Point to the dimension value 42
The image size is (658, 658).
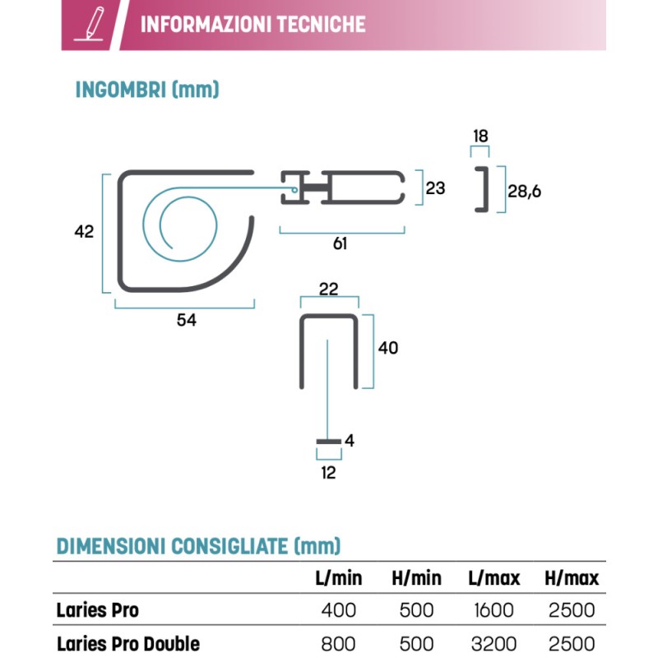click(84, 232)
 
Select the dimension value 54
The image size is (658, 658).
click(187, 321)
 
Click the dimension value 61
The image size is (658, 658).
click(341, 244)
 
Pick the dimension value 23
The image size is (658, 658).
click(435, 188)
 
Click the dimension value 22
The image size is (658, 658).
click(328, 288)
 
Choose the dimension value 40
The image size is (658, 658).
click(387, 348)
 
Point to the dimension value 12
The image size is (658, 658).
click(328, 473)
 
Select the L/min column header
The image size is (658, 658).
click(339, 578)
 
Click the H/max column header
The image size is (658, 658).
click(572, 578)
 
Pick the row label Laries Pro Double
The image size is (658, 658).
click(128, 642)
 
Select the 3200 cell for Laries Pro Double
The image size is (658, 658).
click(493, 642)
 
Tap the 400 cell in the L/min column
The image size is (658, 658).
click(338, 610)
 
